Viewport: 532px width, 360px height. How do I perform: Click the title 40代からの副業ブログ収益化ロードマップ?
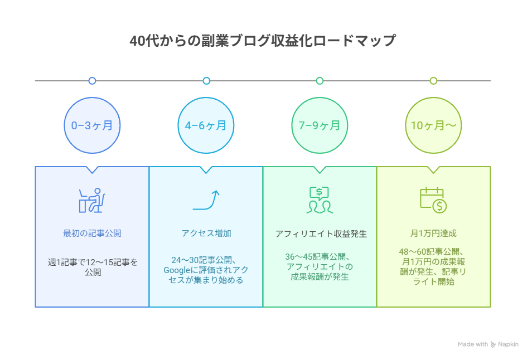point(262,41)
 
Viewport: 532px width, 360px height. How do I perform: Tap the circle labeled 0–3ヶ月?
point(92,125)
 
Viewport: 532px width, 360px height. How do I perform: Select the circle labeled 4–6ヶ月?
point(206,125)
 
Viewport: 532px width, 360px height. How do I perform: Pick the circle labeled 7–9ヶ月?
point(320,125)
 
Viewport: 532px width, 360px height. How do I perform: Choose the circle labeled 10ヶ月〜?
point(433,125)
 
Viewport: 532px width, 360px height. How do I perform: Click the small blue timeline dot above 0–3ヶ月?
point(92,81)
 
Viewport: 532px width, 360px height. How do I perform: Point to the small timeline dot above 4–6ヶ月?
point(206,81)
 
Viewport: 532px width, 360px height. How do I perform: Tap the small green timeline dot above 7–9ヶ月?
point(320,81)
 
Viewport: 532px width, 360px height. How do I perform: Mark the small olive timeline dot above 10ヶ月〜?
point(433,81)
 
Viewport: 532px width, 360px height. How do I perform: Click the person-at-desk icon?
point(92,200)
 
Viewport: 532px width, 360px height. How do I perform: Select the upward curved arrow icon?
point(206,200)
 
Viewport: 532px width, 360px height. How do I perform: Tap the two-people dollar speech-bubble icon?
point(320,200)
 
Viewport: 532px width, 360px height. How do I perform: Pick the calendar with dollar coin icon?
point(433,200)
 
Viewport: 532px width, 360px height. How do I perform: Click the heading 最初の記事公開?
point(92,233)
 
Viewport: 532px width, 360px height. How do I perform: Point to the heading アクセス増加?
point(206,233)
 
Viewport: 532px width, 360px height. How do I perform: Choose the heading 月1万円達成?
point(433,233)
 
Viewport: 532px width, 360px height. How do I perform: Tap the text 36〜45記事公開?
point(317,257)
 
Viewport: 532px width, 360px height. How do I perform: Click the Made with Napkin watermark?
point(488,344)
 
